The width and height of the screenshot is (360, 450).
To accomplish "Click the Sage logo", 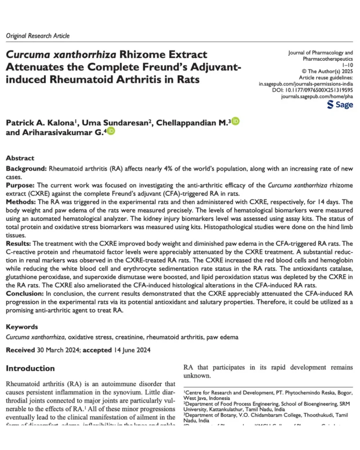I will pyautogui.click(x=340, y=105).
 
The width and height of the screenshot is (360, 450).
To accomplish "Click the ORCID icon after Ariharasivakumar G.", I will pyautogui.click(x=111, y=131).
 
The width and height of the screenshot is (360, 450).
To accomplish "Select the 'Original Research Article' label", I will pyautogui.click(x=38, y=36).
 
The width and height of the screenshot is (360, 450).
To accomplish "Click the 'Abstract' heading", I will pyautogui.click(x=20, y=158).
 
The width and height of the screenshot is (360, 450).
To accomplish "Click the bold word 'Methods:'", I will pyautogui.click(x=22, y=202).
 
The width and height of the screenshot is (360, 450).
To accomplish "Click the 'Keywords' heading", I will pyautogui.click(x=22, y=327).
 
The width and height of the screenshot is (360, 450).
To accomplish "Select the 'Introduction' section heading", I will pyautogui.click(x=30, y=368).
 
